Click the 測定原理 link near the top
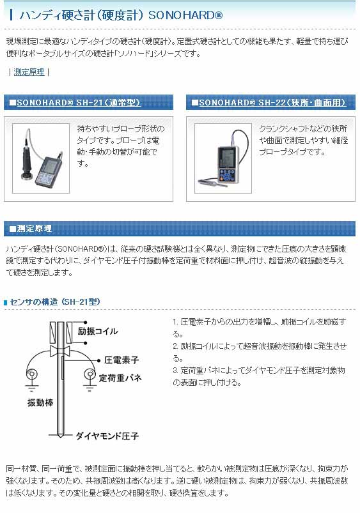(29, 72)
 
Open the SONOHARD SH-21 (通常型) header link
(79, 102)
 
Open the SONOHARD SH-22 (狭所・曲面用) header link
(272, 102)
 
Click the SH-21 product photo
(41, 158)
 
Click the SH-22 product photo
(223, 158)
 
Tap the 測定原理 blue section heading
(34, 228)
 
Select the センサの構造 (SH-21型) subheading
(55, 302)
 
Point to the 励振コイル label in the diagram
(98, 331)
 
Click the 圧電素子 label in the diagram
(121, 360)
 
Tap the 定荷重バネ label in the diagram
(120, 378)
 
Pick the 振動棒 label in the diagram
(40, 402)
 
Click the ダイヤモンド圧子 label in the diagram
(107, 436)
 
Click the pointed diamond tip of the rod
(61, 438)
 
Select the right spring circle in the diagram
(90, 374)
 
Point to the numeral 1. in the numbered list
(175, 322)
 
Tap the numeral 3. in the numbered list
(175, 371)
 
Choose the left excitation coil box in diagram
(53, 332)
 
